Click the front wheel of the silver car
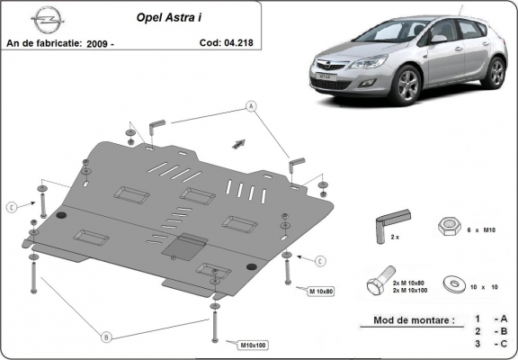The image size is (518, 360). pos(406,87)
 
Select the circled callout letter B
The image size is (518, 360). pos(106,337)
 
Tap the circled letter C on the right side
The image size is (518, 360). pos(320,261)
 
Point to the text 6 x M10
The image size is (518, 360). pos(487,229)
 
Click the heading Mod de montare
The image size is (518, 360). pos(406,319)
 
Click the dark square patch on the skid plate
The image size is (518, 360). pos(187,245)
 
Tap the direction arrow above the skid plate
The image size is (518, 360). pos(240,141)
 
